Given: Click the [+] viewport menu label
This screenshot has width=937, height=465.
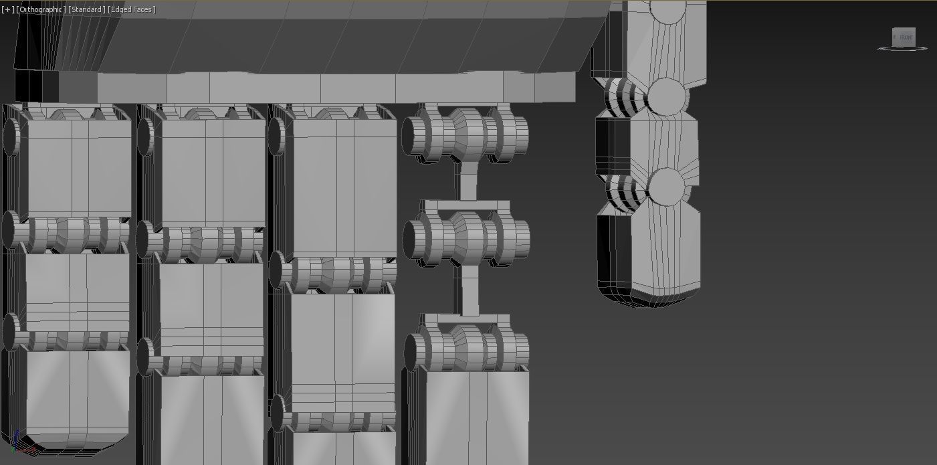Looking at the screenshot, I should (x=7, y=9).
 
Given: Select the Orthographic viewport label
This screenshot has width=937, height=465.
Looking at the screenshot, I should (x=41, y=9).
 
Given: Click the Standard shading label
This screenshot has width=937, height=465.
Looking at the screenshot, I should (x=86, y=9).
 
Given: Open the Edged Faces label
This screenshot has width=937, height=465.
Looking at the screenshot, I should (x=132, y=9).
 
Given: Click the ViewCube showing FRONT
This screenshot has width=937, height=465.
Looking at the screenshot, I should (x=904, y=37).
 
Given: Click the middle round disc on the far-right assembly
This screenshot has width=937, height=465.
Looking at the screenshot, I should (x=665, y=95).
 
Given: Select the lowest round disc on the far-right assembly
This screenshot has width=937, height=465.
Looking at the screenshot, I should (x=666, y=185).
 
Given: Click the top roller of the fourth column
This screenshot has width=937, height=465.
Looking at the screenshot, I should (x=465, y=134).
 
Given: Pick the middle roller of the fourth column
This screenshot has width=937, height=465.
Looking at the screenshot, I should (x=467, y=238).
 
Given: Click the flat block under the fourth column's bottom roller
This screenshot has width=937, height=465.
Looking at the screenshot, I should (x=476, y=415).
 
